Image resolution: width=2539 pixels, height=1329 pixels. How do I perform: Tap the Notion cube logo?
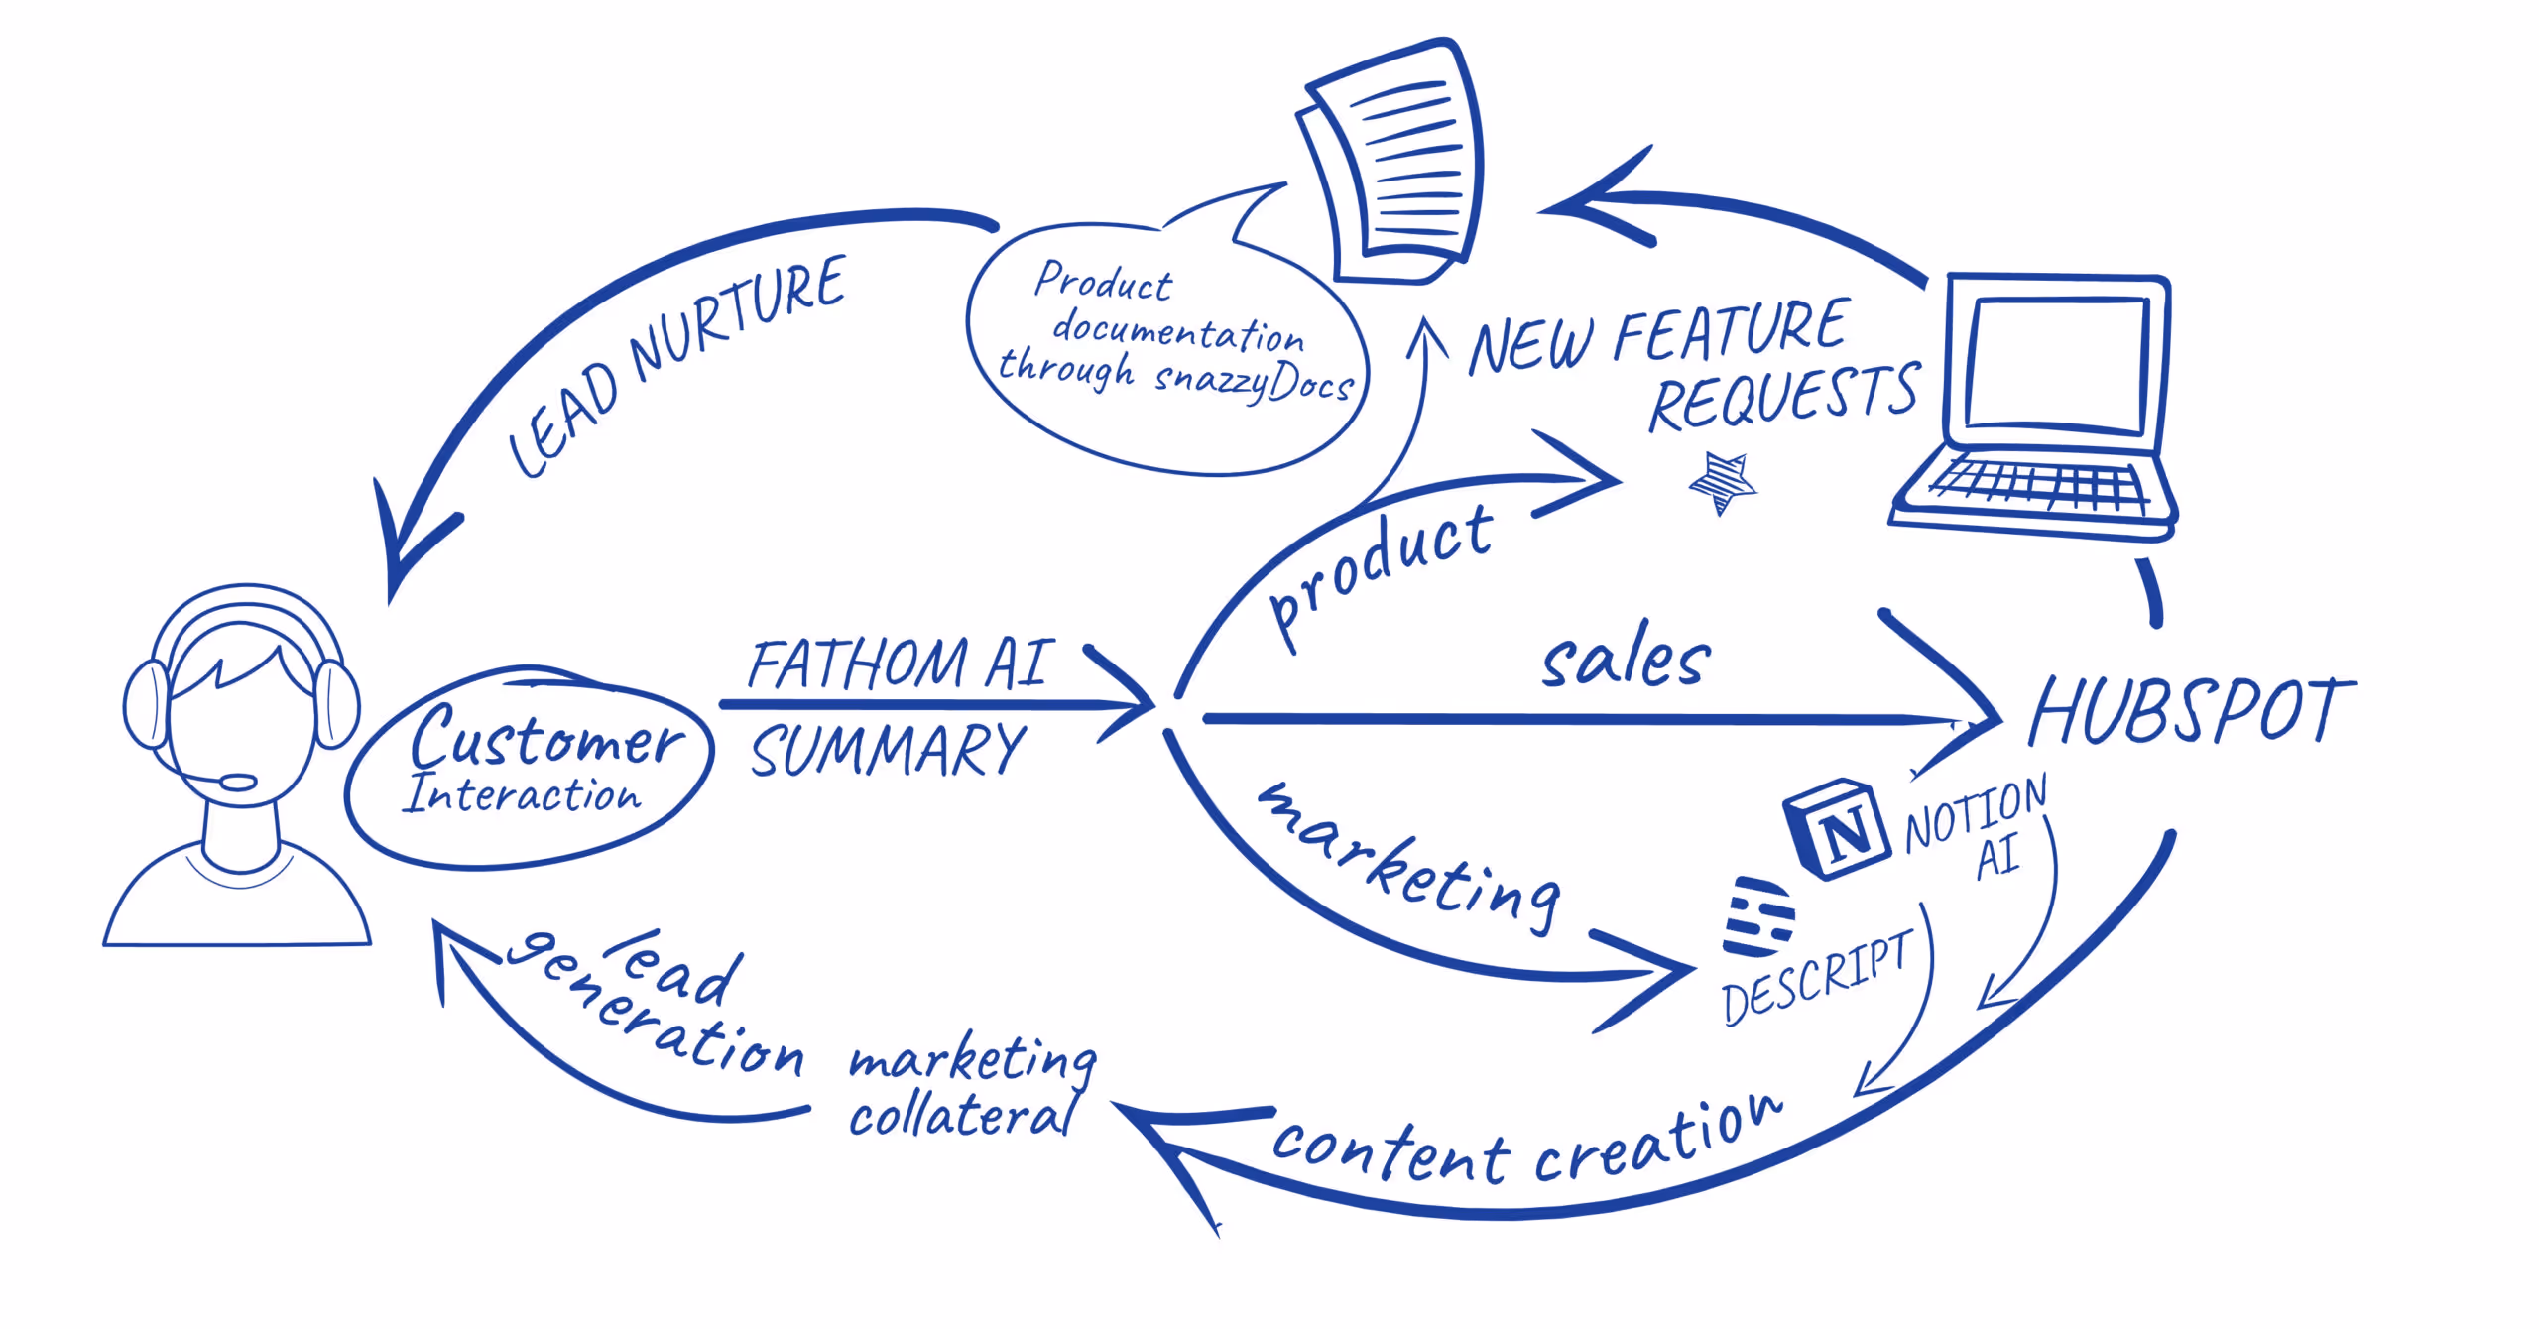(1836, 828)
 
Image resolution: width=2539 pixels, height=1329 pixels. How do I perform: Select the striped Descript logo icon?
(1758, 916)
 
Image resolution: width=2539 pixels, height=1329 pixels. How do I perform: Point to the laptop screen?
(2057, 363)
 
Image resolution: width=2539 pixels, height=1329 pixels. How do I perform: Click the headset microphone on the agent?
(237, 783)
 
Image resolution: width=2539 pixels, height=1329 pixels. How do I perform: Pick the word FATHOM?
(857, 664)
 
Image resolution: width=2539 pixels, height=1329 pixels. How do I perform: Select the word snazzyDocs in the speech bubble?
(1254, 382)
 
